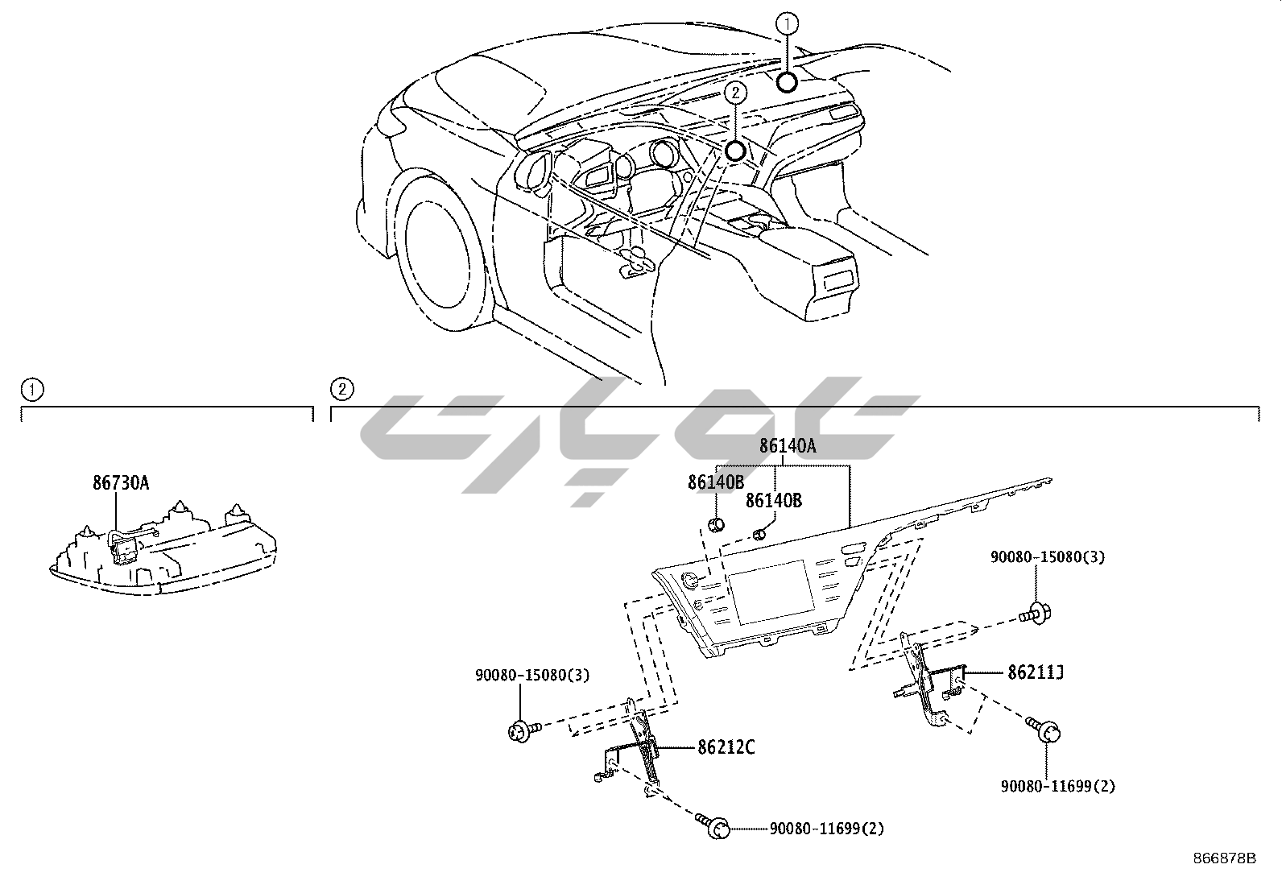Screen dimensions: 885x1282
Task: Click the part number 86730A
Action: (120, 483)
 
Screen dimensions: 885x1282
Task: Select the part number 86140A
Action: (787, 446)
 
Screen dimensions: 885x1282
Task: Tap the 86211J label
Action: (1036, 672)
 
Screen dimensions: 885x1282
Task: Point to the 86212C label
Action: (726, 748)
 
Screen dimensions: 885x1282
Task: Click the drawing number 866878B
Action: (1224, 858)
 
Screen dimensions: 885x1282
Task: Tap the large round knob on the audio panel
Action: (690, 580)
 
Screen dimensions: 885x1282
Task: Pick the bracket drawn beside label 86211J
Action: (934, 676)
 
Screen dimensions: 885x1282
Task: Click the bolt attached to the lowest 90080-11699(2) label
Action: (717, 827)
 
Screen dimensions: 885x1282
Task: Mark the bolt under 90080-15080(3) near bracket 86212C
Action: (520, 731)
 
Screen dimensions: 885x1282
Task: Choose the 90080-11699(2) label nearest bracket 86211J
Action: (1058, 786)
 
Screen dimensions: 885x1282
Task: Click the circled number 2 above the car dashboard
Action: (734, 93)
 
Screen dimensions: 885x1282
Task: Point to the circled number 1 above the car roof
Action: (787, 24)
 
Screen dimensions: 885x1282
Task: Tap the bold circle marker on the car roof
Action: (787, 81)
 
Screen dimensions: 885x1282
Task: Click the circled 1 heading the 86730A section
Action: (31, 391)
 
